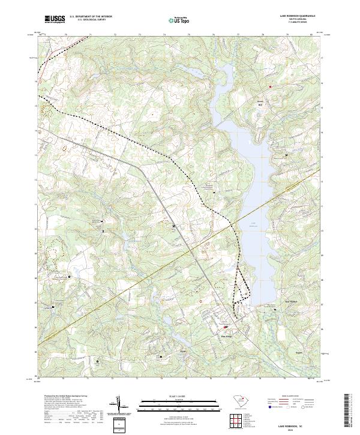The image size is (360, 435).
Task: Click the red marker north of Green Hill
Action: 270,86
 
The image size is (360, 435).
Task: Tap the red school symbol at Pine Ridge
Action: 226,327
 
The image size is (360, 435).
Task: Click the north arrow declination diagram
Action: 119,407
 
